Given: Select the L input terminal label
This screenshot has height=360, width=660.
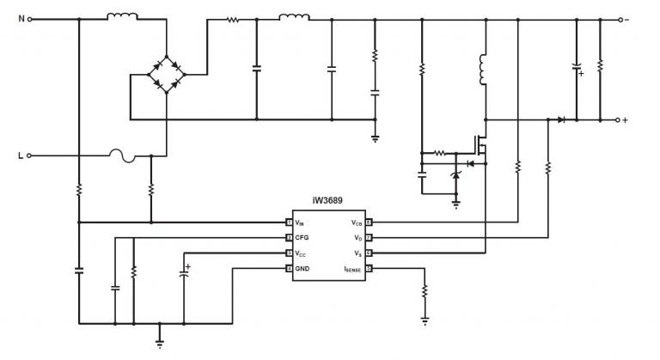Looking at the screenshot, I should pyautogui.click(x=21, y=156).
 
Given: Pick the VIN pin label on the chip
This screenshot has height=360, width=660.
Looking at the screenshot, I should pyautogui.click(x=301, y=222).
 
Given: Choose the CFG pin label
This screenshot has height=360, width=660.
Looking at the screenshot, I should pyautogui.click(x=302, y=237).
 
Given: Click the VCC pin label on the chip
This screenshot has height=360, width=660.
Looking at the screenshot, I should pyautogui.click(x=301, y=253).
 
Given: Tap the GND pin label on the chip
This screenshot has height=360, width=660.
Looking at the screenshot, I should pyautogui.click(x=302, y=269).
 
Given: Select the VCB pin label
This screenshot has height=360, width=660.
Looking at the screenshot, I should pyautogui.click(x=357, y=222).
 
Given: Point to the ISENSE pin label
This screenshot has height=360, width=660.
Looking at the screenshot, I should pyautogui.click(x=352, y=269).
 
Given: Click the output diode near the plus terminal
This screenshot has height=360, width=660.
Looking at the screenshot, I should pyautogui.click(x=561, y=119).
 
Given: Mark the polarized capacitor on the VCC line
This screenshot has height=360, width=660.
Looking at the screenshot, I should pyautogui.click(x=183, y=274).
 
